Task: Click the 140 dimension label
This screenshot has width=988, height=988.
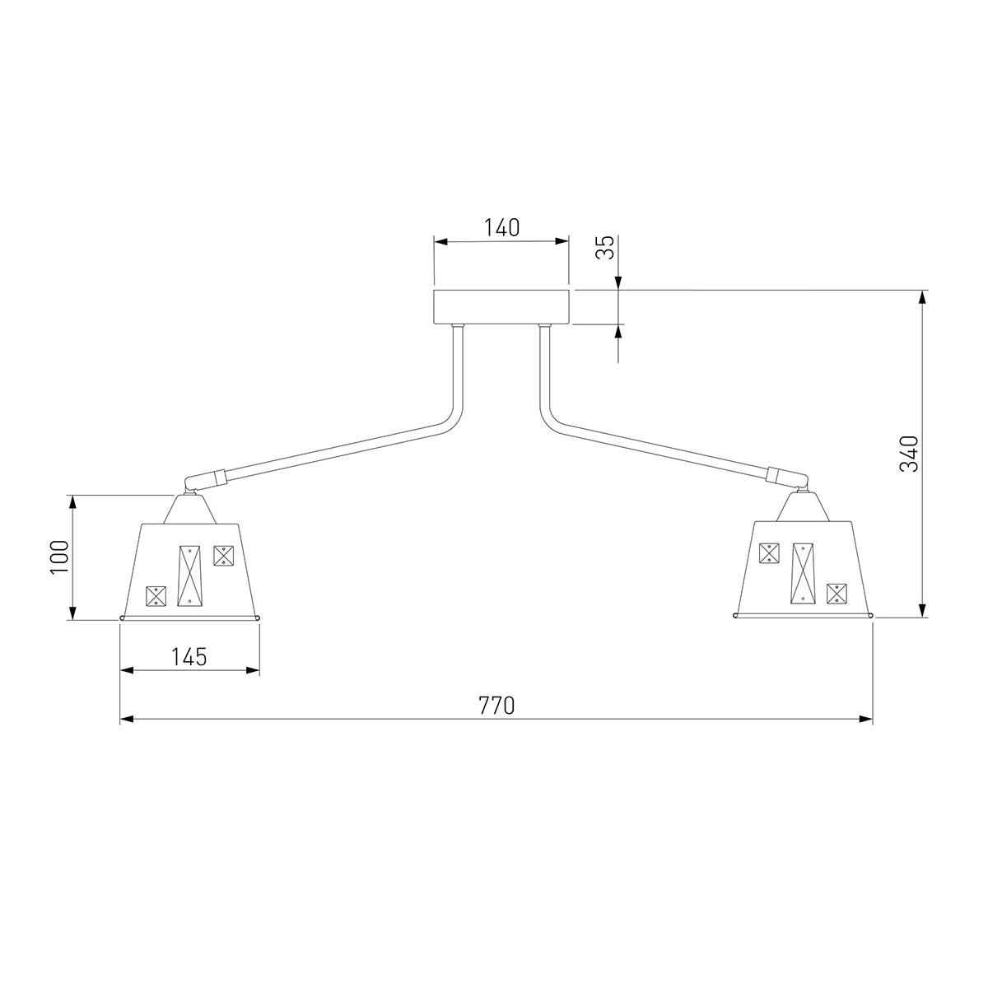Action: tap(501, 227)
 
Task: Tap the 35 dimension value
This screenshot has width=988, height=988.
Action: tap(606, 248)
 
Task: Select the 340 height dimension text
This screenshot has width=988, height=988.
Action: tap(909, 454)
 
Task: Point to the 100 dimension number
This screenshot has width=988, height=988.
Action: tap(60, 557)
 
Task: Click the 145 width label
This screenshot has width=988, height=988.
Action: tap(189, 656)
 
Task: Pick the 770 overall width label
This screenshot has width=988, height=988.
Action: tap(496, 706)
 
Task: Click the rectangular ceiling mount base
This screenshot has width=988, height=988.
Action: tap(501, 307)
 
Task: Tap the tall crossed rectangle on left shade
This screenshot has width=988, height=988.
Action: tap(189, 576)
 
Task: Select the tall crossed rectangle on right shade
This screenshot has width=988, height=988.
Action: tap(803, 573)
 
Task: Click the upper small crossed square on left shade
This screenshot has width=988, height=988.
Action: tap(224, 555)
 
